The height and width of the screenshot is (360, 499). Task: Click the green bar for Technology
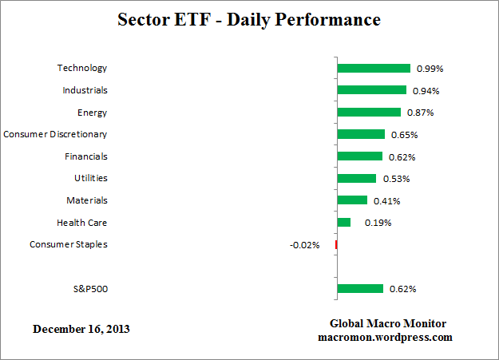point(374,69)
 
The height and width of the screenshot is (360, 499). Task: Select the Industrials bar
point(372,90)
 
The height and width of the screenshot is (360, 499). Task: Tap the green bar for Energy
point(369,113)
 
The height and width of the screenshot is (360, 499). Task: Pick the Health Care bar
point(344,223)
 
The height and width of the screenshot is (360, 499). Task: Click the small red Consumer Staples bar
point(336,244)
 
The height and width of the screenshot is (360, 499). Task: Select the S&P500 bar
point(360,289)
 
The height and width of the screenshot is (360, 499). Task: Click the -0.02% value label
point(304,245)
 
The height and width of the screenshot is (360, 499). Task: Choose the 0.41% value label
point(386,201)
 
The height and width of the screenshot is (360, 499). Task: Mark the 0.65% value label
point(404,135)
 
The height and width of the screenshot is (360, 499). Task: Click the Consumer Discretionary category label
point(55,134)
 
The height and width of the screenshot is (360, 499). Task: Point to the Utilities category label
point(90,178)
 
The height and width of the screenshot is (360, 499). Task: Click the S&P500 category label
point(89,289)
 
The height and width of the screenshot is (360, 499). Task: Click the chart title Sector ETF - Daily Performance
point(248,18)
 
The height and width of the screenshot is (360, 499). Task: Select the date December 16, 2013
point(81,329)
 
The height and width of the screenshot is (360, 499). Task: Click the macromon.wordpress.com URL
point(385,337)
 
